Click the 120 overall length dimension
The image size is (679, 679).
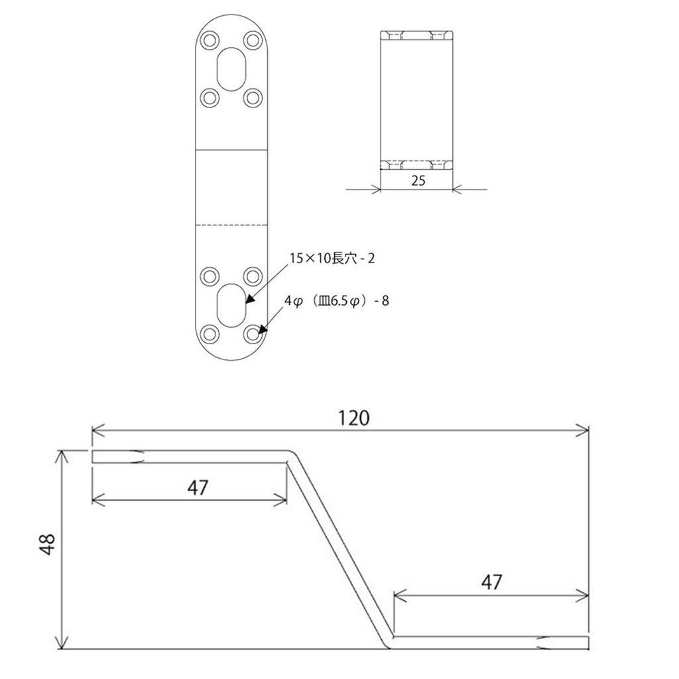pos(353,418)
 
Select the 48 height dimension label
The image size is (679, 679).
pos(47,544)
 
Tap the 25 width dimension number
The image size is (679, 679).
pos(418,180)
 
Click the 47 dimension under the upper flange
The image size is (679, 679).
pos(198,487)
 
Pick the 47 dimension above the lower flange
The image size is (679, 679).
pos(491,582)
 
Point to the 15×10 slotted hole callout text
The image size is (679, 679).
pos(332,259)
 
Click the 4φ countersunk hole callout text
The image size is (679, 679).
pos(336,300)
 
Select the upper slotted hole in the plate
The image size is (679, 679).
pos(231,69)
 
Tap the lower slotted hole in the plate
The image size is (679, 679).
pos(231,305)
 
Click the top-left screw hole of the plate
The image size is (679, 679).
pos(210,40)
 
